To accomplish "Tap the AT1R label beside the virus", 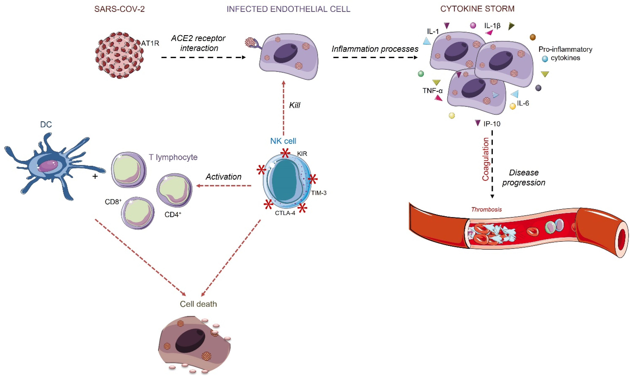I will pos(150,43).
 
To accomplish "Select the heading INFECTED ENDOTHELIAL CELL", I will pos(288,9).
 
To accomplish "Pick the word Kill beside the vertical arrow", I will pos(294,105).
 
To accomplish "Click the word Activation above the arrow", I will pos(224,177).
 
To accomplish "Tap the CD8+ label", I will pos(113,202).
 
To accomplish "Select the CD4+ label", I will pos(173,214).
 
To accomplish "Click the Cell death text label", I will pos(198,304).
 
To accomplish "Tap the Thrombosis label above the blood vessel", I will pos(486,209).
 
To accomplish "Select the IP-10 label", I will pos(492,124).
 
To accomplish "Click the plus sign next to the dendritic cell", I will pos(95,176).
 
